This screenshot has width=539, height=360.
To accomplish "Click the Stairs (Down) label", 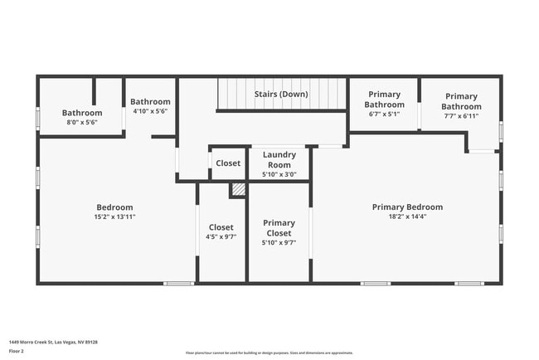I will coord(280,95).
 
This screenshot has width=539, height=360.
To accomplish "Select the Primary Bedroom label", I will coord(406,207).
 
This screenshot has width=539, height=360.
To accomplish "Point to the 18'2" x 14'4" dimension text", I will coord(406,217).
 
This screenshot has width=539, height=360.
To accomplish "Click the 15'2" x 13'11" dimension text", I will coord(114,217).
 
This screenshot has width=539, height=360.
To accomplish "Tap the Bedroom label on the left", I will coord(114,207).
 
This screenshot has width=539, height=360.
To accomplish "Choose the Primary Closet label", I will coord(279,228).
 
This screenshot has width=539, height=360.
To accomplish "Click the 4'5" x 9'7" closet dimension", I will coord(221,237).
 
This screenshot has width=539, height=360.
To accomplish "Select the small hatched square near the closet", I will coord(238,190).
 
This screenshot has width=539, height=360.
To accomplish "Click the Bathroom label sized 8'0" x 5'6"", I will coord(82,113).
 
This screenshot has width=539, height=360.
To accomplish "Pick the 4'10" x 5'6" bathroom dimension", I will coord(150,111).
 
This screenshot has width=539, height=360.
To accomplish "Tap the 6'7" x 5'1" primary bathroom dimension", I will coord(384,114).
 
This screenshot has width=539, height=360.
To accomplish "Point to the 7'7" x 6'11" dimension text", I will coord(460,116).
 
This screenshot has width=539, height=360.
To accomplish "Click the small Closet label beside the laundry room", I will coord(228,163).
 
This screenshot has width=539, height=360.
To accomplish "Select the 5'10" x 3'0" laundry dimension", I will coord(279,174).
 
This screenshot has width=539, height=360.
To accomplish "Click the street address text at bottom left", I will coord(53,342).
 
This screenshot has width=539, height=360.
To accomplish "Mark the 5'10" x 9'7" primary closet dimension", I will coord(279,243).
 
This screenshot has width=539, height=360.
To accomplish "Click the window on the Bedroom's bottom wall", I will coord(177,284).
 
